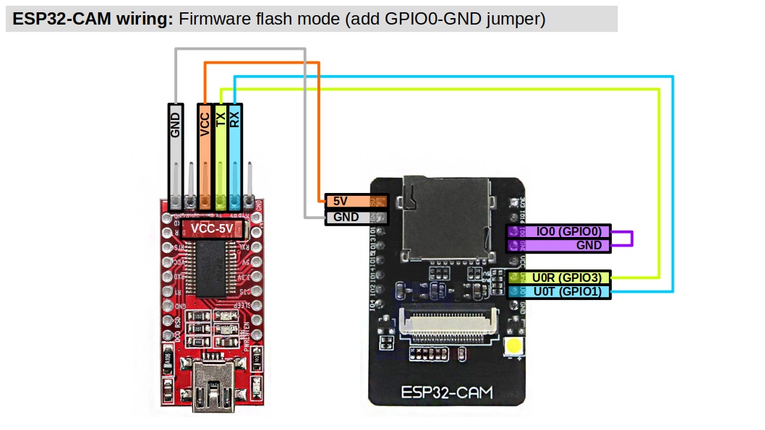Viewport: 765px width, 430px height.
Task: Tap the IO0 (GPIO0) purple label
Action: [x=558, y=232]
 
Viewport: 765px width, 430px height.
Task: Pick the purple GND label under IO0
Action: [x=558, y=245]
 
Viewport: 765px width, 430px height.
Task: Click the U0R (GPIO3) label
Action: [x=559, y=277]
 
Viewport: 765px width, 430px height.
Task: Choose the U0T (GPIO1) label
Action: [x=559, y=291]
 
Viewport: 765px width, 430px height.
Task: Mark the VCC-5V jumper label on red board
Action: [x=212, y=229]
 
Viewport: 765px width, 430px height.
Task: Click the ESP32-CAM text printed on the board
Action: [x=446, y=393]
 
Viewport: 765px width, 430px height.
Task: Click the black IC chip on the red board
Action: [x=211, y=266]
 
